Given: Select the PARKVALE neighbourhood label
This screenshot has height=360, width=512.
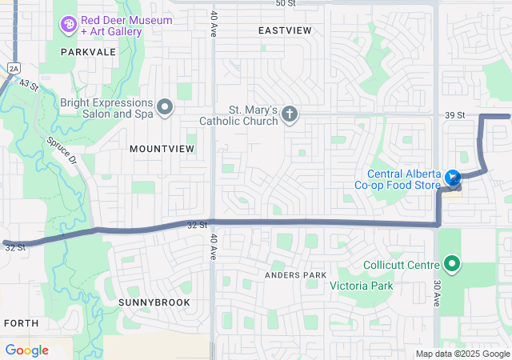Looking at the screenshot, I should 89,51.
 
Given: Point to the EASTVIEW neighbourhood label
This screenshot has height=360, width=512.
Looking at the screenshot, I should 285,30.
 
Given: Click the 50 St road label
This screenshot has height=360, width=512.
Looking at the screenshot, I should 285,3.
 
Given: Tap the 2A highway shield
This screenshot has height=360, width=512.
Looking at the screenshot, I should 13,69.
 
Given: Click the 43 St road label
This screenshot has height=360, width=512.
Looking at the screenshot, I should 29,84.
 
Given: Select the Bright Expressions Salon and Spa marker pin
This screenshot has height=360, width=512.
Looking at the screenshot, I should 165,106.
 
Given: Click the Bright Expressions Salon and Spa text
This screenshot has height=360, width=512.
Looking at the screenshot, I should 106,108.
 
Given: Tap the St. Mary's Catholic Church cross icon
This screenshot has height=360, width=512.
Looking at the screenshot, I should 290,115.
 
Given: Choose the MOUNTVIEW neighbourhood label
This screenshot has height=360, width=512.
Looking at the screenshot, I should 162,149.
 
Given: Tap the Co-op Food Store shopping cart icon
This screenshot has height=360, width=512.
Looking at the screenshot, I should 454,178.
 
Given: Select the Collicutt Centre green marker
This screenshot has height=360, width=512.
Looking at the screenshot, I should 452,263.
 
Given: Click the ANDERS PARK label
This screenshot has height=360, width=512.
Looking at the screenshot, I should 296,275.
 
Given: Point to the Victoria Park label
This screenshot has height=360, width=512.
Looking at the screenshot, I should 367,285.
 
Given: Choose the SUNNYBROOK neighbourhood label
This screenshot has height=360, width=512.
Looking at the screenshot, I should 154,302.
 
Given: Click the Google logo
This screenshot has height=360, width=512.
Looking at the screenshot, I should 26,350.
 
